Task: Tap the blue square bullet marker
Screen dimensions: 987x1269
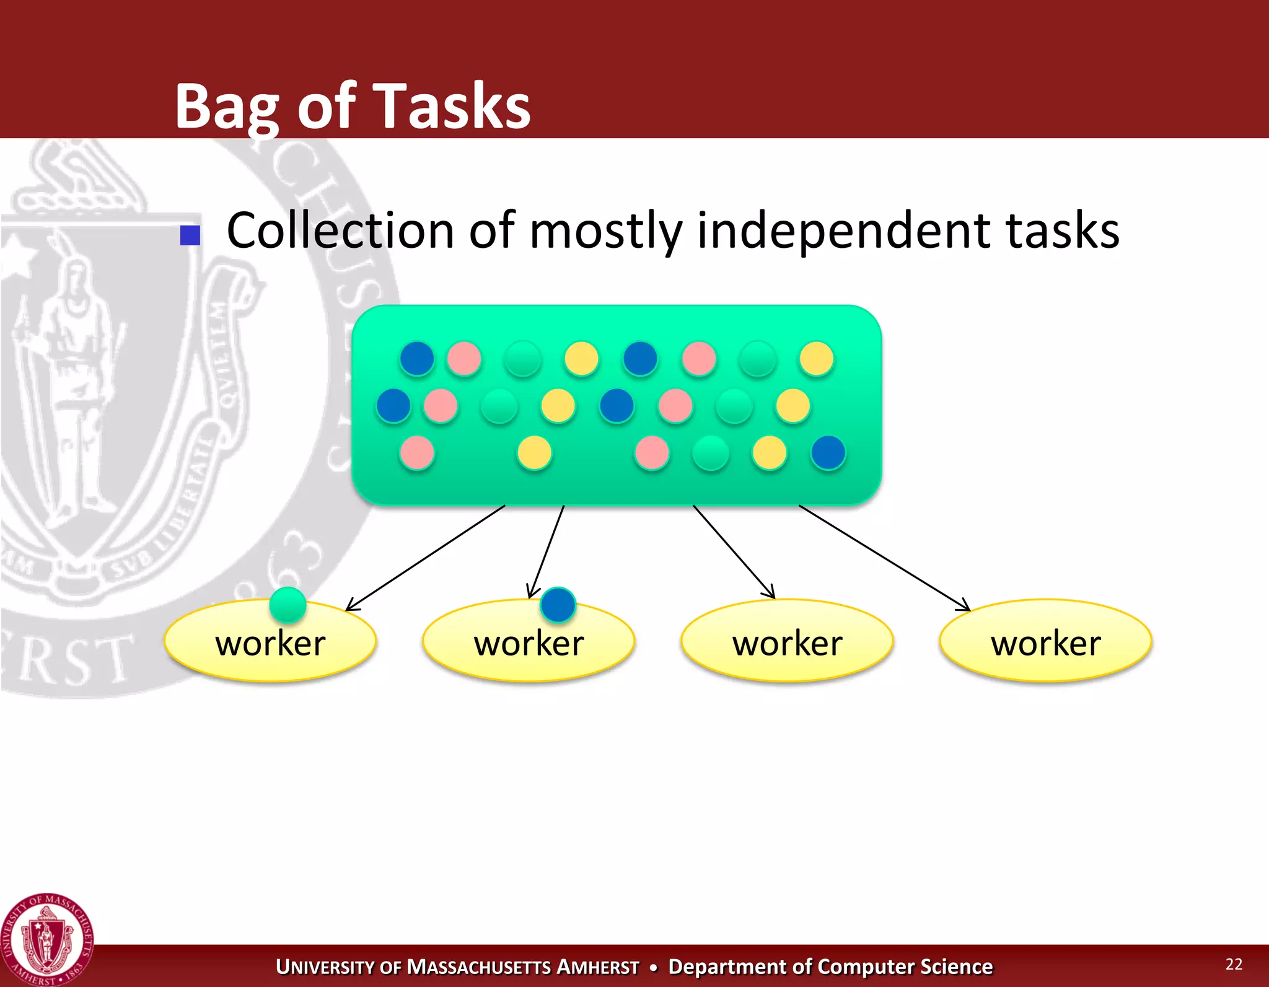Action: click(x=190, y=235)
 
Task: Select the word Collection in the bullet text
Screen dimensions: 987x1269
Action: click(x=340, y=230)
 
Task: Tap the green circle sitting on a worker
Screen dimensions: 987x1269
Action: click(x=288, y=604)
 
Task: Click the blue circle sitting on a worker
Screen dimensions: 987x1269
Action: click(x=558, y=604)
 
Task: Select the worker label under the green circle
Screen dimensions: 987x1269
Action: click(x=270, y=643)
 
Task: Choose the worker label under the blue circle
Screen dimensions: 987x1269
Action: click(x=529, y=643)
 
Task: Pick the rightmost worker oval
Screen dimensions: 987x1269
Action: click(x=1045, y=641)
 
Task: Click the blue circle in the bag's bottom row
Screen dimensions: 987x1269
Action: click(x=828, y=452)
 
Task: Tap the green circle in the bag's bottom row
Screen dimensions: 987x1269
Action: click(x=710, y=453)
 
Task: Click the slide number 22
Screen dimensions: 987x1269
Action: click(x=1234, y=963)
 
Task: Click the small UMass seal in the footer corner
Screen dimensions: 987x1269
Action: click(x=47, y=939)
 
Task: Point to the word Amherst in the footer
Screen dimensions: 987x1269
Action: click(x=597, y=967)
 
